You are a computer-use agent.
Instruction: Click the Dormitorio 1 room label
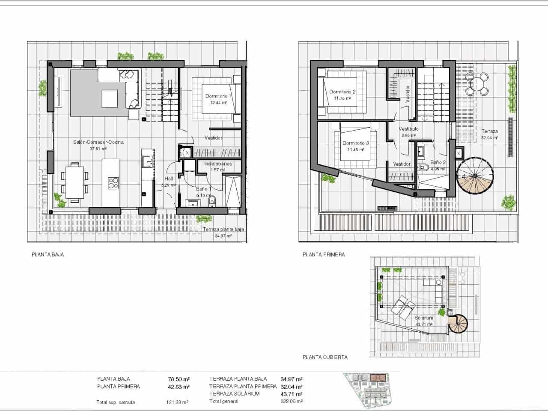coord(218,96)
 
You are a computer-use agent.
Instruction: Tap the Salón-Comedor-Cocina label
coord(98,142)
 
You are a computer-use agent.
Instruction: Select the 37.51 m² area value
coord(98,149)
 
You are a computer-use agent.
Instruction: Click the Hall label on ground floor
coord(169,179)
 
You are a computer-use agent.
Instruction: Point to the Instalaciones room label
coord(218,164)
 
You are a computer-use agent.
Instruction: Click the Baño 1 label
coord(204,189)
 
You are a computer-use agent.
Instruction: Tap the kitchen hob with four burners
coord(113,183)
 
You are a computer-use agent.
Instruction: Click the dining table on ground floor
coord(75,182)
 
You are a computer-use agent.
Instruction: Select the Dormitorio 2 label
coord(342,92)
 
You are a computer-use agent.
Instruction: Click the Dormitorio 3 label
coord(355,143)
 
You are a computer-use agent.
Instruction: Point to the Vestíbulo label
coord(408,129)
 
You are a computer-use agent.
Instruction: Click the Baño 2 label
coord(438,163)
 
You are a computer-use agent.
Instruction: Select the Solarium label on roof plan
coord(423,318)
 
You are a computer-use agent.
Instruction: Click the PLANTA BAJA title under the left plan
coord(48,255)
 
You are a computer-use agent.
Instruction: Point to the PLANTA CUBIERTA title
coord(325,357)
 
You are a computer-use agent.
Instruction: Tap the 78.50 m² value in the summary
coord(179,379)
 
